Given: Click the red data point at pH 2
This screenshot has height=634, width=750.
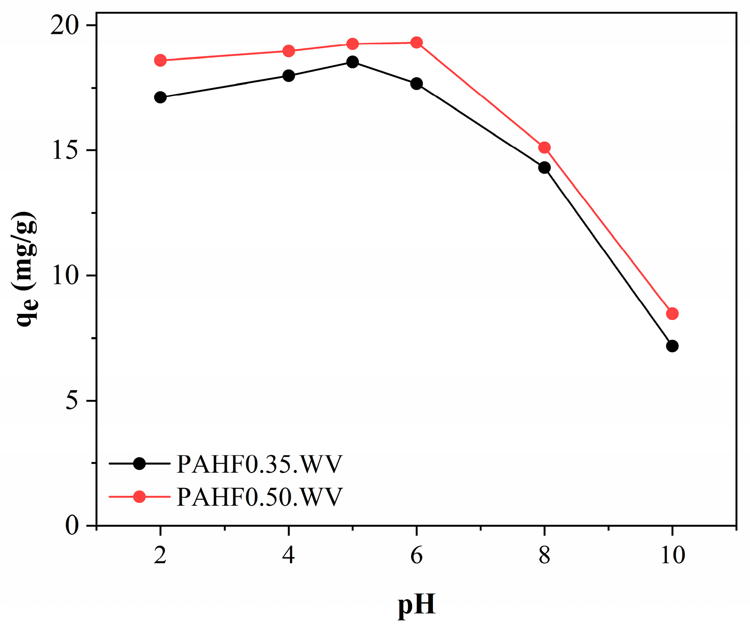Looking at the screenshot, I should coord(160,60).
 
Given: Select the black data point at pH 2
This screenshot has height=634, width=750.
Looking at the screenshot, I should coord(160,97).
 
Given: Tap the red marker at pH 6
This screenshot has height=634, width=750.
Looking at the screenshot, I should coord(416,43).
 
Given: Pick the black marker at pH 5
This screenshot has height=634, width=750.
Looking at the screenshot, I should coord(352,62).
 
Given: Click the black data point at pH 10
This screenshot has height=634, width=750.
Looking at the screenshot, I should coord(672,346).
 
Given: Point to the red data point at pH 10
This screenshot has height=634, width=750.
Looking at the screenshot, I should coord(672,314).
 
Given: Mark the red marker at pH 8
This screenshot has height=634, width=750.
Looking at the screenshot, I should coord(544,148).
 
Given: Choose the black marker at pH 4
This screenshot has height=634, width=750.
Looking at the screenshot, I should coord(289,76).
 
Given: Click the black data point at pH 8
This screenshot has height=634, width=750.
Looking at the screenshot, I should coord(544,168).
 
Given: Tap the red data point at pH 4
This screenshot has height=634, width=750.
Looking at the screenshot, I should coord(289,51).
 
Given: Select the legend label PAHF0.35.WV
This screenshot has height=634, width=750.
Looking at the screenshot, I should coord(259,464).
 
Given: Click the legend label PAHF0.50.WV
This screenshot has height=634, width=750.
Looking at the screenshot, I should coord(259,497).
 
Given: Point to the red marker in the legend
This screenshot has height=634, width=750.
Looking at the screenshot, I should coord(139,497).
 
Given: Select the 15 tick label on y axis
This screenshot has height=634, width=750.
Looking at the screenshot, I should coord(66,151).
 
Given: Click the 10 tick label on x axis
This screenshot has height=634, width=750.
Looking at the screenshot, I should coord(672,555).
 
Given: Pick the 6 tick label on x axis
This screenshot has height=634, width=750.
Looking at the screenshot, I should coord(416,555).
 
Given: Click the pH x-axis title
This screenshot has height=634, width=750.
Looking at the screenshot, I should coord(416,605).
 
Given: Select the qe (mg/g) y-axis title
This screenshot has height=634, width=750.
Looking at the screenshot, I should coord(26,269).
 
